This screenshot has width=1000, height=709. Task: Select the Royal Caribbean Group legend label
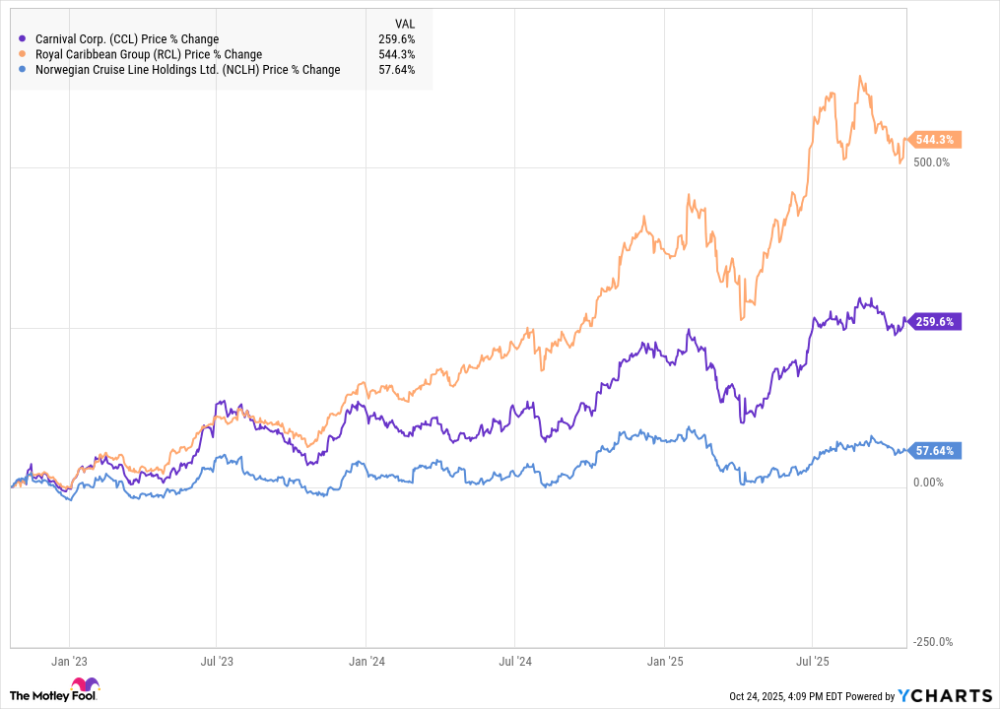pos(147,54)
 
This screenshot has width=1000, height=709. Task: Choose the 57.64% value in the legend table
pos(397,70)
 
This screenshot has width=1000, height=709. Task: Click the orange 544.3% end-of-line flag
pos(935,140)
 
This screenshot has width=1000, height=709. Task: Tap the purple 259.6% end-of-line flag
pos(935,321)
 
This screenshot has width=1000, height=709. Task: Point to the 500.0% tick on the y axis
pos(930,162)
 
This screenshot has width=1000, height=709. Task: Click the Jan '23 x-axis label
pos(69,662)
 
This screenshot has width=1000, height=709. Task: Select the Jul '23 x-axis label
pos(217,662)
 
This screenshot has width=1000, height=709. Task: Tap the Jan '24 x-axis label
pos(366,662)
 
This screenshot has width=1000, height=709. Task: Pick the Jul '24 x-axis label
pos(514,662)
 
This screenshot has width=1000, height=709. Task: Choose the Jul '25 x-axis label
pos(811,662)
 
